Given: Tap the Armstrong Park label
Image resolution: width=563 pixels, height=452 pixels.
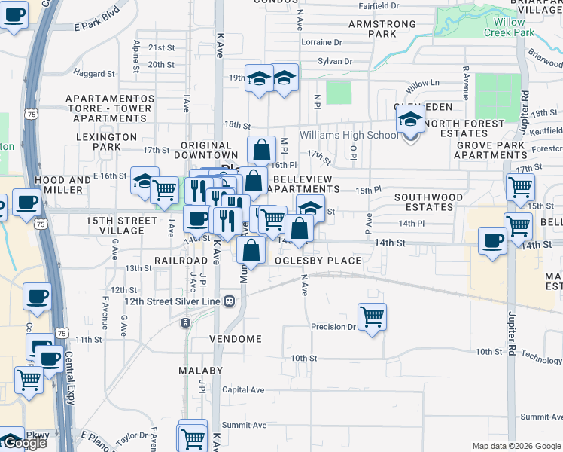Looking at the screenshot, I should click(x=383, y=29).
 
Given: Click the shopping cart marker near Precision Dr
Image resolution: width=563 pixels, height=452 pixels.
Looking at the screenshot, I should click(x=372, y=316).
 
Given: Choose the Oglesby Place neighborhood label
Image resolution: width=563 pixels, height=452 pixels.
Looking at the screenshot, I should click(x=318, y=261).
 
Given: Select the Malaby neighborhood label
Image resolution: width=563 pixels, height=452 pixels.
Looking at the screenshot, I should click(x=201, y=371).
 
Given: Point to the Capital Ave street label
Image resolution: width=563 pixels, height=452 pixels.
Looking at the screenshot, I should click(x=243, y=390).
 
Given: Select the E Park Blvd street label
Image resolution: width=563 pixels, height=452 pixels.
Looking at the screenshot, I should click(x=98, y=26).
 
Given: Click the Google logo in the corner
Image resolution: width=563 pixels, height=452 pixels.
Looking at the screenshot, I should click(x=23, y=443).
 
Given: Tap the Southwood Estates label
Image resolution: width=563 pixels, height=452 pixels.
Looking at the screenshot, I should click(x=428, y=203).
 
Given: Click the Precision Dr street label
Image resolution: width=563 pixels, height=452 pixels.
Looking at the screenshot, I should click(x=333, y=327).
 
